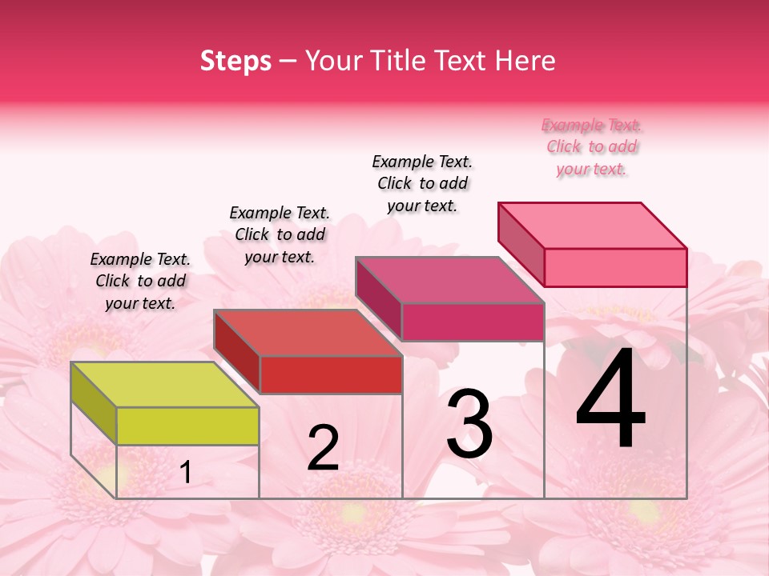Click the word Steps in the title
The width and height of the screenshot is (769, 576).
pyautogui.click(x=236, y=61)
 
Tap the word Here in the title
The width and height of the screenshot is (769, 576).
pyautogui.click(x=525, y=61)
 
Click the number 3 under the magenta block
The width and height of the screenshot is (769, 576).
pyautogui.click(x=469, y=424)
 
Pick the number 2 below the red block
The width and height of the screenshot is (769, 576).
pyautogui.click(x=323, y=448)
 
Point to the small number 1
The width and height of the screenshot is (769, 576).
pyautogui.click(x=186, y=473)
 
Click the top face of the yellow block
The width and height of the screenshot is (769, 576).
pyautogui.click(x=164, y=385)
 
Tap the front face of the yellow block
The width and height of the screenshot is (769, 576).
pyautogui.click(x=187, y=426)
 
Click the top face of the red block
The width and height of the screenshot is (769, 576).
pyautogui.click(x=308, y=333)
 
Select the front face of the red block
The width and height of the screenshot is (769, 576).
pyautogui.click(x=331, y=374)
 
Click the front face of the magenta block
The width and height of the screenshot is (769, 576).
pyautogui.click(x=473, y=322)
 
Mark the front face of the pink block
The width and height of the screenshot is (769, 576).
pyautogui.click(x=615, y=267)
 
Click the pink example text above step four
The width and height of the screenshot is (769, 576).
pyautogui.click(x=592, y=147)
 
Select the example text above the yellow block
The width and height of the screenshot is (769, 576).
pyautogui.click(x=140, y=281)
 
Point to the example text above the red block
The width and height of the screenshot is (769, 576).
pyautogui.click(x=280, y=234)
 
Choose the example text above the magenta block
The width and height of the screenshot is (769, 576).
pyautogui.click(x=422, y=183)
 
